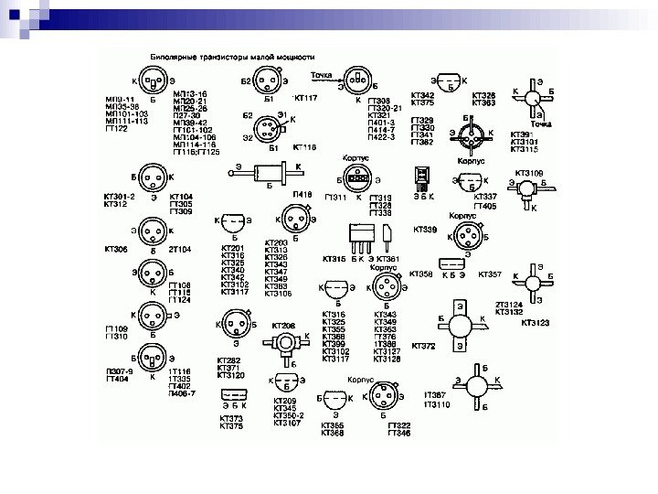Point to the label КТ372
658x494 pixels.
(x=424, y=346)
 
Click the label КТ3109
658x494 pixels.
(x=529, y=172)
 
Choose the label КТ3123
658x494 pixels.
(x=536, y=322)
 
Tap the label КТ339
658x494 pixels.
(x=426, y=230)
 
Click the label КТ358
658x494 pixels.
(x=420, y=274)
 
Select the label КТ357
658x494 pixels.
(x=491, y=274)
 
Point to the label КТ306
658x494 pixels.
(x=116, y=249)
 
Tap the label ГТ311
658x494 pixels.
(x=336, y=198)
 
